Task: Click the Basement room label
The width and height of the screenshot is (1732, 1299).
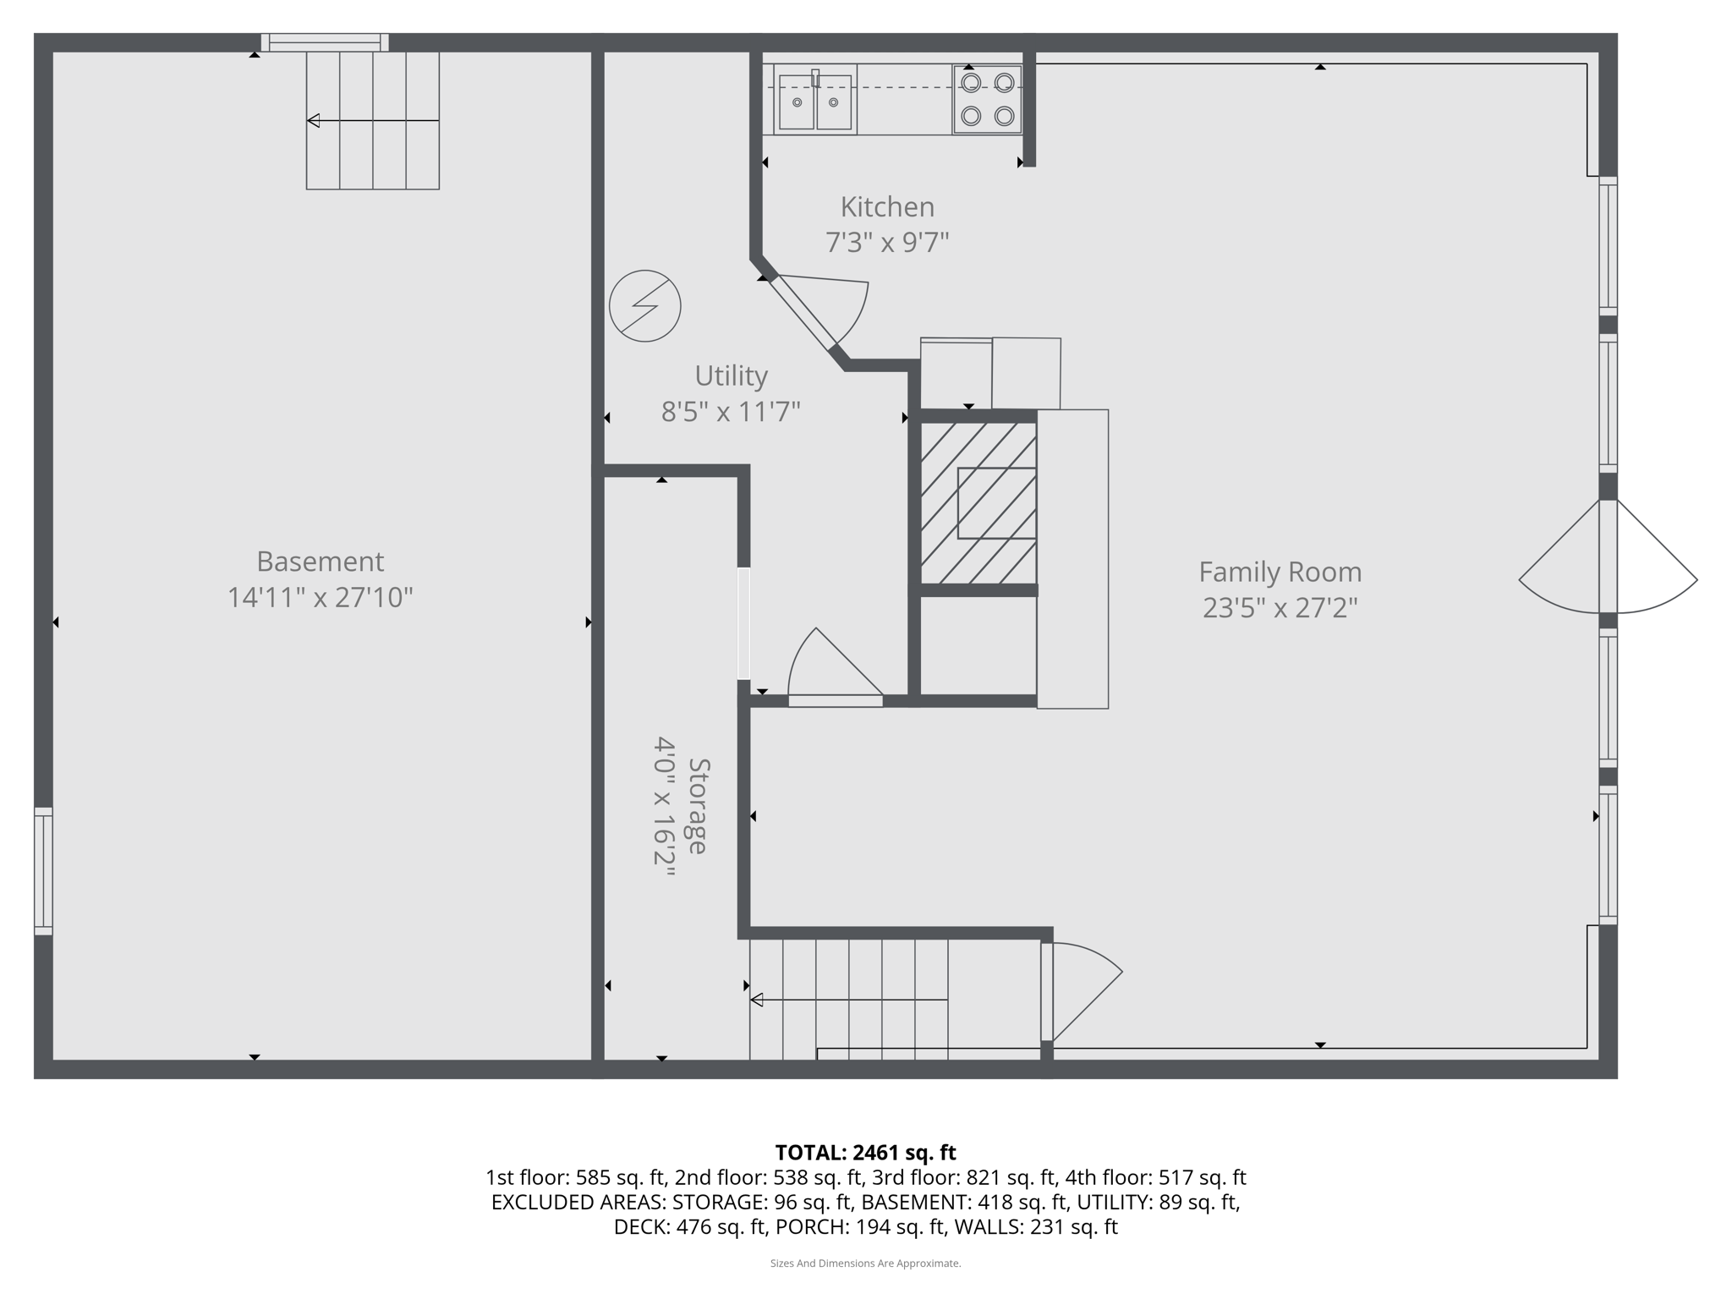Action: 320,562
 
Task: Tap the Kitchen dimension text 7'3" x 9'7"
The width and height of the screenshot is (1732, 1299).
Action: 887,243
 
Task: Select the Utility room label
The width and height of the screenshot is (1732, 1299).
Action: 731,375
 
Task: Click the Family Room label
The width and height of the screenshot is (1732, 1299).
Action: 1280,573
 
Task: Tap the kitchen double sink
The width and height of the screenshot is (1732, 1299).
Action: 814,101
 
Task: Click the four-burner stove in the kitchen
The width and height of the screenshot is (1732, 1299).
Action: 988,99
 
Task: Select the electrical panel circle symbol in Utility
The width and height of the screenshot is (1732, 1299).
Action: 645,306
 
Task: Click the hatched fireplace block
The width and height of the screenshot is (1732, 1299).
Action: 978,502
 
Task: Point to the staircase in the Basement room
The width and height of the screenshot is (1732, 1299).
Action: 372,120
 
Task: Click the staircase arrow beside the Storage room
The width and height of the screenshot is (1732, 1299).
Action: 848,1000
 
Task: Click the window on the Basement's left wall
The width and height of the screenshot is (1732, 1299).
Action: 43,871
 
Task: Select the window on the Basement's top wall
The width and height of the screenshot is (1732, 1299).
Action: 324,42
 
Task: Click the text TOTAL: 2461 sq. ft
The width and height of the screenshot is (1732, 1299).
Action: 865,1153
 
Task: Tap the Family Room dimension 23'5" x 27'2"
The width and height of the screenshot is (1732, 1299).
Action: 1280,608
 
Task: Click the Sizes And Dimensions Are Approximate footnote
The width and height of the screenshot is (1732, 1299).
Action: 865,1263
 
